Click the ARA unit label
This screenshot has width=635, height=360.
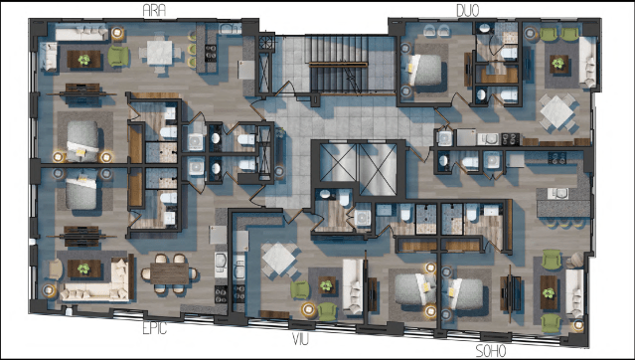pyautogui.click(x=154, y=10)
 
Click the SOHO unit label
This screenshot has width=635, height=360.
pyautogui.click(x=491, y=350)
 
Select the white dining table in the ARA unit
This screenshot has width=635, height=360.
pyautogui.click(x=159, y=51)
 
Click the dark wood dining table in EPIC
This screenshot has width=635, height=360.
pyautogui.click(x=169, y=270)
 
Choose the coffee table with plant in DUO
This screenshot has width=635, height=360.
pyautogui.click(x=556, y=65)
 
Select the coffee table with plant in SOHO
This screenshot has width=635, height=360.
pyautogui.click(x=550, y=290)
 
